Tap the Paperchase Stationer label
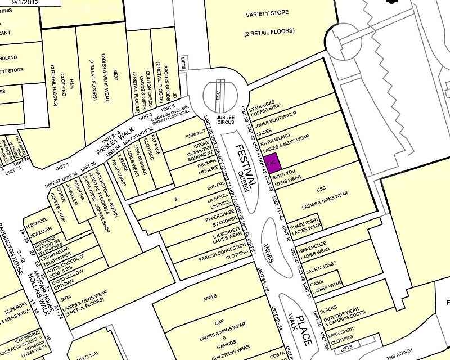coord(220,218)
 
